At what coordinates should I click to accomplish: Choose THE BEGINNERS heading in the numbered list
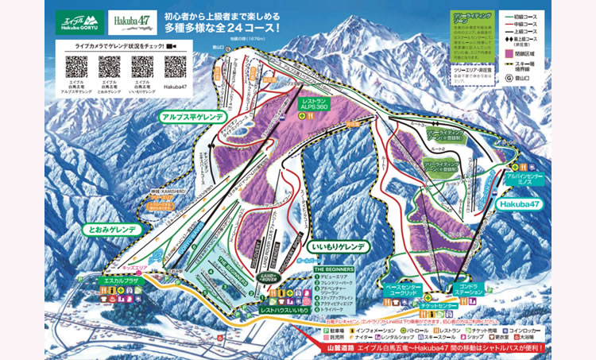[334, 269]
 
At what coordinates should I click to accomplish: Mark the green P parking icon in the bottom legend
[326, 327]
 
